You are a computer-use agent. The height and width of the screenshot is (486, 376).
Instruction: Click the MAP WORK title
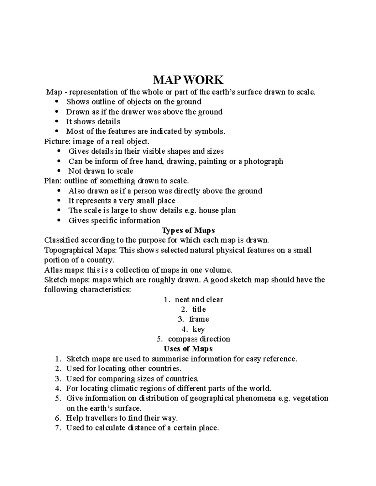coord(188,80)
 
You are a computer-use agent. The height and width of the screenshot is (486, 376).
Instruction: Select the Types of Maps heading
coord(188,230)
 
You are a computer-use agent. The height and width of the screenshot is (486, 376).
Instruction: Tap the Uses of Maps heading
coord(188,349)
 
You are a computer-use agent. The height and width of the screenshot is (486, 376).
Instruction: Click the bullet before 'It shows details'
coord(56,122)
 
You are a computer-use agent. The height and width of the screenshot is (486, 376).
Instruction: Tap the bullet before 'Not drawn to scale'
coord(59,171)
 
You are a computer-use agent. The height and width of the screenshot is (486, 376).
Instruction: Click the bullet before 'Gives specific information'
coord(59,221)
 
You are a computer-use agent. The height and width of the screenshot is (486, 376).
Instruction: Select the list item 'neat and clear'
coord(199,299)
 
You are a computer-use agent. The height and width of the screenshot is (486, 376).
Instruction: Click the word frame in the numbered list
coord(199,319)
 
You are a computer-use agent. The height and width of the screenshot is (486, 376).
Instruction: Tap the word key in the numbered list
coord(199,329)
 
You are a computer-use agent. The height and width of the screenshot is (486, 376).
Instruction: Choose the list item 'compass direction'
coord(199,339)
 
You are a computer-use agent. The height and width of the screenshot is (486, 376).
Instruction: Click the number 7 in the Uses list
coord(57,428)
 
